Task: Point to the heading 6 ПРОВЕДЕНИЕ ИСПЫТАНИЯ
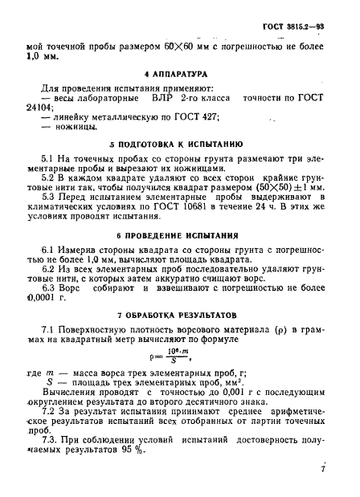click(179, 237)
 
